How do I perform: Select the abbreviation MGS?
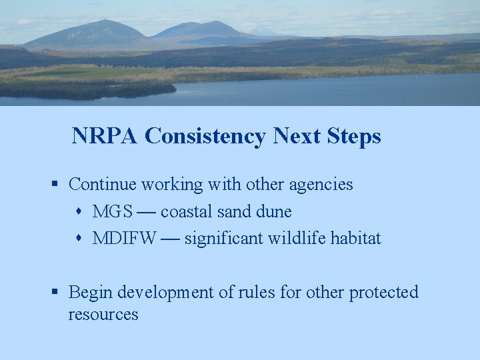pyautogui.click(x=112, y=212)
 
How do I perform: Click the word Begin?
pyautogui.click(x=88, y=293)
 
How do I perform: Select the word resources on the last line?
pyautogui.click(x=103, y=315)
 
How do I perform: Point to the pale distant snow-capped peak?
pyautogui.click(x=261, y=31)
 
